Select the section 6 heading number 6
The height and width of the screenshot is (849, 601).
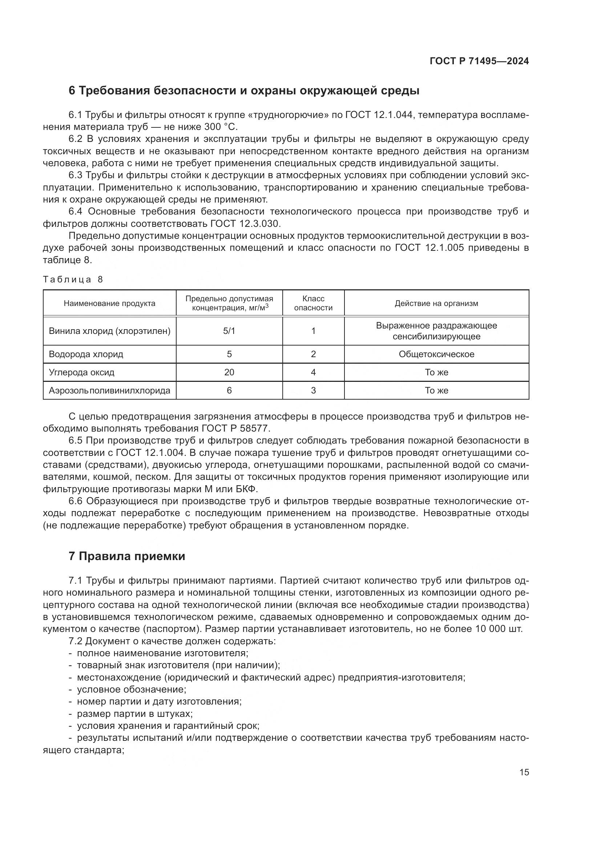click(72, 91)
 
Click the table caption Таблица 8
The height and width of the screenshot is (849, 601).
click(73, 279)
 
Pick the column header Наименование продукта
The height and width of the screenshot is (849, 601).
click(109, 303)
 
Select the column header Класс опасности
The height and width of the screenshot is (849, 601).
click(313, 303)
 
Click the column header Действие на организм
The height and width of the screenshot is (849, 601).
click(436, 303)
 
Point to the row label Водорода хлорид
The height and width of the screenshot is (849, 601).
click(86, 354)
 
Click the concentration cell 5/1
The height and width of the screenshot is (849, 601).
click(229, 331)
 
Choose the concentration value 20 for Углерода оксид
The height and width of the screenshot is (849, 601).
click(229, 372)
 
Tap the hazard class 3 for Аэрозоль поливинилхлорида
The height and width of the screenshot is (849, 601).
click(313, 391)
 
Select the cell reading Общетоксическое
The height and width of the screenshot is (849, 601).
click(436, 354)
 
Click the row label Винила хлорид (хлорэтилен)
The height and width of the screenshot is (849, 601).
click(109, 331)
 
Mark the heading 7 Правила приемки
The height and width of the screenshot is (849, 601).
click(126, 556)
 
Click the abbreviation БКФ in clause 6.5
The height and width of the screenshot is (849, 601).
click(245, 489)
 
